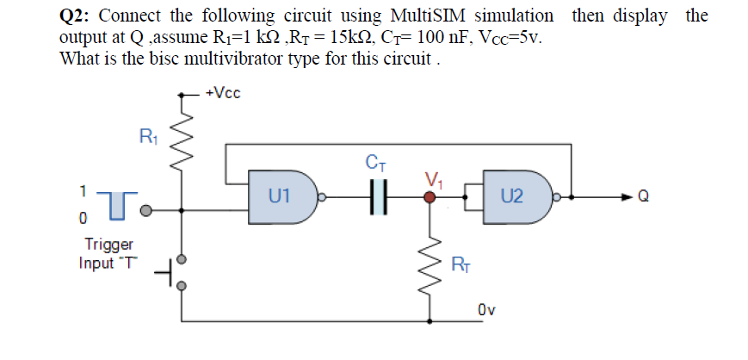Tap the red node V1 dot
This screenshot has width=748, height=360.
[x=431, y=196]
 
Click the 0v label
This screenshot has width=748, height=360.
[x=487, y=308]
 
